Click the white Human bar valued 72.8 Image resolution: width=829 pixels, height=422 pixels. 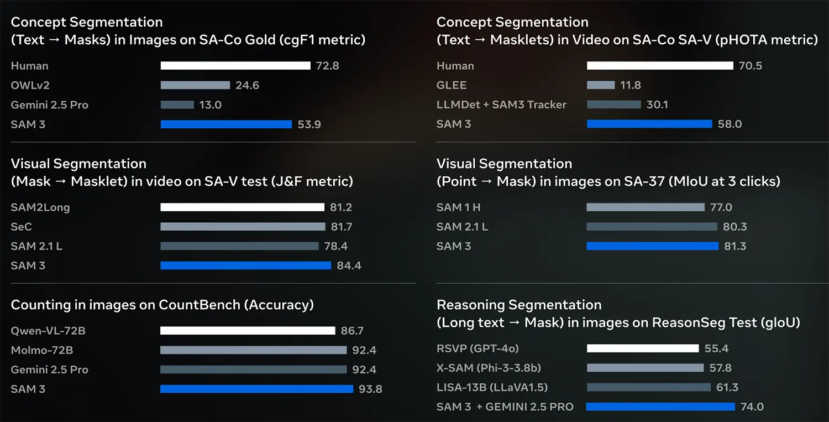pyautogui.click(x=235, y=66)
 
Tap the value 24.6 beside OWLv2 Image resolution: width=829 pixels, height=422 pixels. pyautogui.click(x=248, y=85)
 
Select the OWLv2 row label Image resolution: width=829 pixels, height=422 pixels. pyautogui.click(x=30, y=85)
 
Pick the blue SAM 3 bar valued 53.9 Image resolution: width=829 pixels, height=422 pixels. pyautogui.click(x=226, y=124)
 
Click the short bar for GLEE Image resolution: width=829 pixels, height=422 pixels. pyautogui.click(x=601, y=85)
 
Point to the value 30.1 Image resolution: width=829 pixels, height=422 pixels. pyautogui.click(x=657, y=105)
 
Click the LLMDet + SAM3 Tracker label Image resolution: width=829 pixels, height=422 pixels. pyautogui.click(x=501, y=105)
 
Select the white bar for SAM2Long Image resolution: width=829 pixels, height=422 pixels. pyautogui.click(x=242, y=207)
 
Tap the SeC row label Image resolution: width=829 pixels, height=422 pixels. pyautogui.click(x=22, y=227)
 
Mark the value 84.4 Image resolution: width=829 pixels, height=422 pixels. pyautogui.click(x=349, y=266)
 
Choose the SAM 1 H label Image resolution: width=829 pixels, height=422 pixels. pyautogui.click(x=459, y=207)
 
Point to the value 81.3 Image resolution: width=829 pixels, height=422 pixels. pyautogui.click(x=735, y=246)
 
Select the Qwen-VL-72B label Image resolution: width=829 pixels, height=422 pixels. pyautogui.click(x=48, y=331)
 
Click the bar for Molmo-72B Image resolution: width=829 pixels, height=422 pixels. pyautogui.click(x=253, y=350)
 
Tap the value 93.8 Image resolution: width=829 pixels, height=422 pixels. pyautogui.click(x=370, y=389)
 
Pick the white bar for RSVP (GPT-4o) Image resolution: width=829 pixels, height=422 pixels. pyautogui.click(x=643, y=348)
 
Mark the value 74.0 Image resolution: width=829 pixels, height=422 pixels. pyautogui.click(x=752, y=407)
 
